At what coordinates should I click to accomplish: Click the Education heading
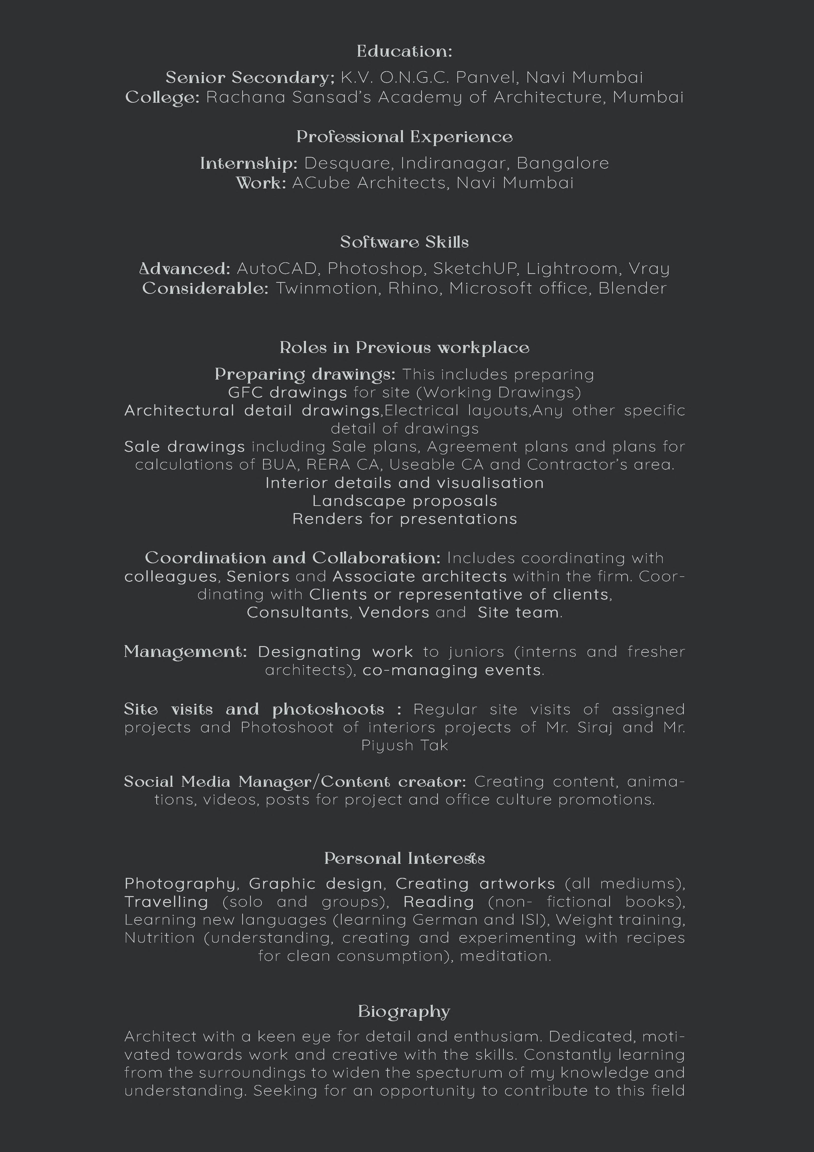(404, 51)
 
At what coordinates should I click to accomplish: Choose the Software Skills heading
(404, 242)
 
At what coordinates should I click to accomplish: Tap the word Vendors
(394, 613)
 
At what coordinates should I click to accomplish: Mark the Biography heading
(404, 1012)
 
